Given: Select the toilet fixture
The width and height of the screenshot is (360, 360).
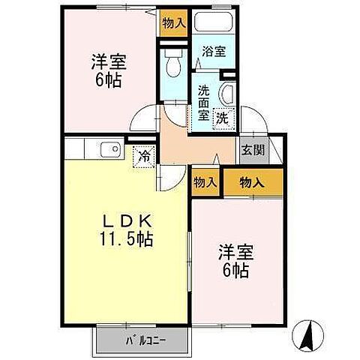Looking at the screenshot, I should point(172,66).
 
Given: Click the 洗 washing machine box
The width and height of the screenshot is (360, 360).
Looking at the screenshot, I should point(222,117).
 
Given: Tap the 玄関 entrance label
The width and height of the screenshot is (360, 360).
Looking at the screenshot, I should point(252,149).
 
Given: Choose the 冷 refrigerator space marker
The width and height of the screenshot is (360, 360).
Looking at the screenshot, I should point(143,157).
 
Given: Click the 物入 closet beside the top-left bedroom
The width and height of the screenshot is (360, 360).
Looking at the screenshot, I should point(173,23).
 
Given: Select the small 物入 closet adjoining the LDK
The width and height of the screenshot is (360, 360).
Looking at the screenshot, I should point(205,182).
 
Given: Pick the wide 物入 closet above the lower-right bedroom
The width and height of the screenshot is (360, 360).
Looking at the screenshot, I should point(253,181).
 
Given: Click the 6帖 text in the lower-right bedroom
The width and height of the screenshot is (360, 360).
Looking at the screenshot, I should point(234,270).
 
